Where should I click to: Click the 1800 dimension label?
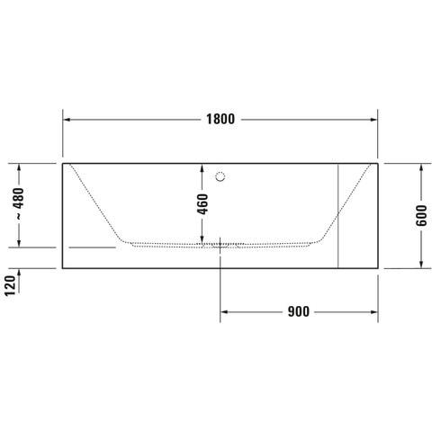(x=220, y=120)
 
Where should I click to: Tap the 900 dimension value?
(x=299, y=312)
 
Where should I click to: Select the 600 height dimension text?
(x=421, y=216)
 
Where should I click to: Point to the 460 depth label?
(x=202, y=204)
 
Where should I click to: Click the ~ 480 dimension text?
(x=19, y=204)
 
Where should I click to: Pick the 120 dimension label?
(x=10, y=285)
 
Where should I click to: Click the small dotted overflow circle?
(x=220, y=176)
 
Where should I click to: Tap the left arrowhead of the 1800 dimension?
(x=67, y=120)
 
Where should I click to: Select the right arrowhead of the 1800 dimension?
(x=373, y=120)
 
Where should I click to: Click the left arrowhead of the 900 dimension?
(x=224, y=312)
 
